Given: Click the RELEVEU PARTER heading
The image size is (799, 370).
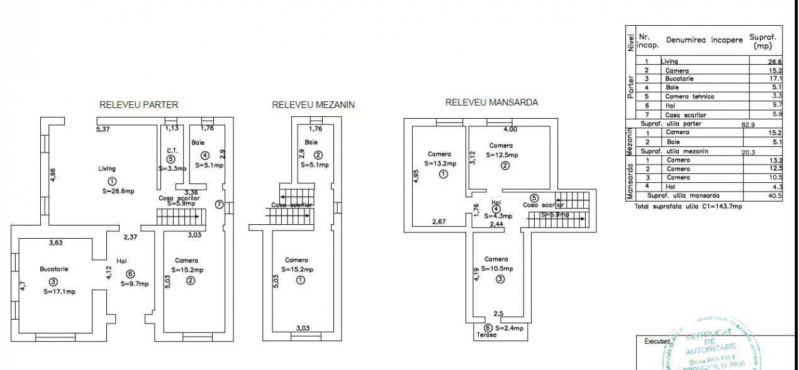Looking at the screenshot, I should coord(138,105).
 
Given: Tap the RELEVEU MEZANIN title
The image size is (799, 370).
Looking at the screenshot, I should coord(313,105).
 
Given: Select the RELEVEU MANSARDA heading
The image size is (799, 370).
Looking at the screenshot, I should coord(491,102).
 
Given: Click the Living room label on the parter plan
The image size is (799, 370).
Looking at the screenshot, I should coord(107,168).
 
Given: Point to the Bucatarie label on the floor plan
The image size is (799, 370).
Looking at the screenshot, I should coord(53,269).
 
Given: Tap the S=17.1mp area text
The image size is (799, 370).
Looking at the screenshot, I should coord(60,291).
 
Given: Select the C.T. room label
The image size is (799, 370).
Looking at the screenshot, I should coord(170,150).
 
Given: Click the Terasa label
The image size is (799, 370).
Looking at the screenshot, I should coord(486,335).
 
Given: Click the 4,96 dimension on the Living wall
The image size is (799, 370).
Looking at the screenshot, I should coord(53,174).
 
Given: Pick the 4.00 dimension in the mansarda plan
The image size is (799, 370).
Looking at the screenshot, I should coord(510,129).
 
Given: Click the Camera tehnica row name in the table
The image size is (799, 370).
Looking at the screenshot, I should coord(690,97).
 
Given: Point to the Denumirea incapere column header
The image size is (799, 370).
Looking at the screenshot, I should coord(704,40).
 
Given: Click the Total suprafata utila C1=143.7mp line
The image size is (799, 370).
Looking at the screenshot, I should coord(688,206).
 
